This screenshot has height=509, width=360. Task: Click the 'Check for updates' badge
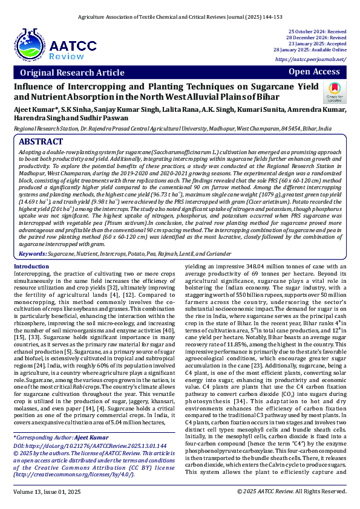[x=335, y=92]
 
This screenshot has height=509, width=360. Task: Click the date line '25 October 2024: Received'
[x=317, y=30]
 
